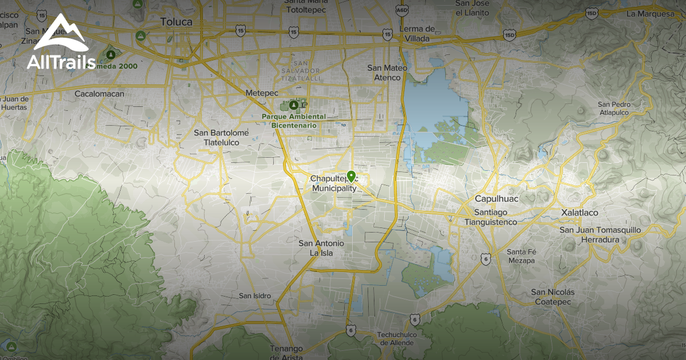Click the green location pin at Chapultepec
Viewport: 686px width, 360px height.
pos(350,176)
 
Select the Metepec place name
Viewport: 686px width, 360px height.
pos(261,93)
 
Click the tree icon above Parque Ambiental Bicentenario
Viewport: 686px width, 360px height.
pos(294,105)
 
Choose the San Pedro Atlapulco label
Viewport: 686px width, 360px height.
pos(613,109)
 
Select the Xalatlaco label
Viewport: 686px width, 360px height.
pos(579,213)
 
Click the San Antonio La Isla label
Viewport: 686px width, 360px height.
pos(322,247)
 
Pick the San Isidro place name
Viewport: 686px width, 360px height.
pos(254,295)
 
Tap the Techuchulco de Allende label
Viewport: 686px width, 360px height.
pos(399,338)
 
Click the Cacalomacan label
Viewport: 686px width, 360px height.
pos(99,93)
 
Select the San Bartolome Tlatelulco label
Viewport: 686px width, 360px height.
pos(221,137)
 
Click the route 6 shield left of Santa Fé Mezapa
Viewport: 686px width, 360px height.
pos(485,258)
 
